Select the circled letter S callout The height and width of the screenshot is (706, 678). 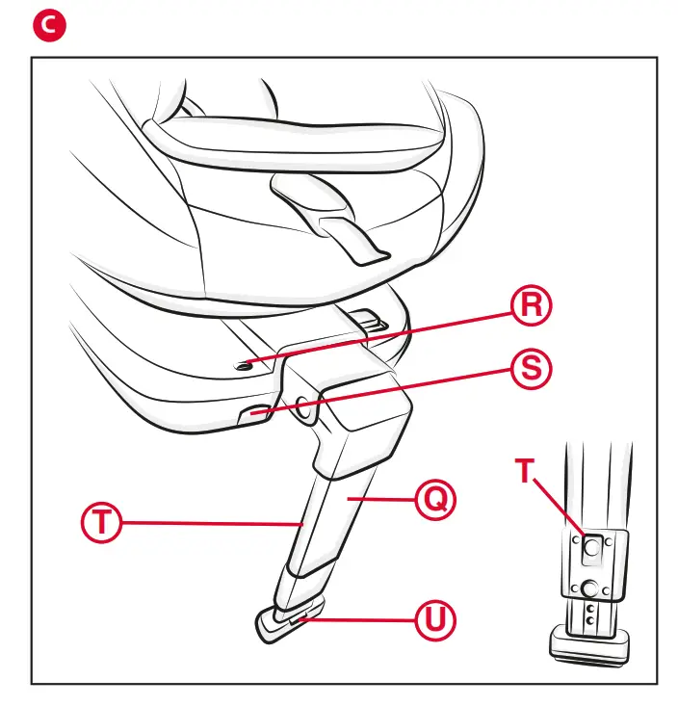[x=531, y=369]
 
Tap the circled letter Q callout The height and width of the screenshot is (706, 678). [x=434, y=499]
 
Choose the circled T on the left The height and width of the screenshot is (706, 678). [x=99, y=523]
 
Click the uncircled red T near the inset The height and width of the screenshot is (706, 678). [x=525, y=471]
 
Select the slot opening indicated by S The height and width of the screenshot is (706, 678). [x=251, y=414]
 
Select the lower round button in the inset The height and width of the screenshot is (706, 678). [x=588, y=587]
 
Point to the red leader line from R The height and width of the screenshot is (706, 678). [x=385, y=335]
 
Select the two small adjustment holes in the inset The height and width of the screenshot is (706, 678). [x=588, y=615]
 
